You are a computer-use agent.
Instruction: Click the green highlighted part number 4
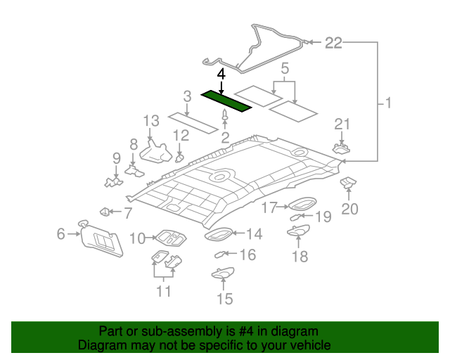pyautogui.click(x=226, y=101)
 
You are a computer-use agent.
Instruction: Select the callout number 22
pyautogui.click(x=333, y=44)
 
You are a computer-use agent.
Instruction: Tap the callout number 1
pyautogui.click(x=387, y=104)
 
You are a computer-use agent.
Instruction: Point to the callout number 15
pyautogui.click(x=224, y=300)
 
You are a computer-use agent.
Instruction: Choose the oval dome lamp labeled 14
pyautogui.click(x=218, y=234)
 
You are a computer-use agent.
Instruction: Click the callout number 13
pyautogui.click(x=151, y=122)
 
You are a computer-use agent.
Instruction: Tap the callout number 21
pyautogui.click(x=342, y=124)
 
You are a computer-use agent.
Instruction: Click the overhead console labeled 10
pyautogui.click(x=167, y=238)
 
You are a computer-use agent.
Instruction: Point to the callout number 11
pyautogui.click(x=164, y=290)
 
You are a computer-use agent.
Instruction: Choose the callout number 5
pyautogui.click(x=285, y=70)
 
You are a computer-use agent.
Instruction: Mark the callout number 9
pyautogui.click(x=117, y=157)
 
